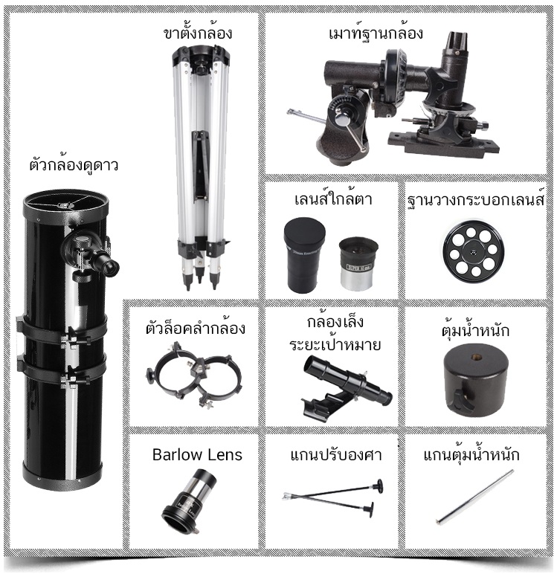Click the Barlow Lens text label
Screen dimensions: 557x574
click(197, 455)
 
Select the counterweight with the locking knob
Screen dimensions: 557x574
click(475, 381)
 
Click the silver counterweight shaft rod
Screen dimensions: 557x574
click(474, 497)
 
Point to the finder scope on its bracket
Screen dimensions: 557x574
click(346, 388)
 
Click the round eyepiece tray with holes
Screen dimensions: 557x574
click(473, 251)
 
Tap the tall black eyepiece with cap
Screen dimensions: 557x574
click(304, 254)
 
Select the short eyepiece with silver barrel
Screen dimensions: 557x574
click(358, 263)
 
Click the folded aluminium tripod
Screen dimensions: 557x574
click(201, 167)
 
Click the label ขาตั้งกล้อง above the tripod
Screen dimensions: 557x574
click(198, 32)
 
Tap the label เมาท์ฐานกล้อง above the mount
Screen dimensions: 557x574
click(376, 32)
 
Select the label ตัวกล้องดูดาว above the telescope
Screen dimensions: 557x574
click(74, 165)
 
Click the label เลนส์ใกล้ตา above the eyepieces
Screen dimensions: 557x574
click(333, 199)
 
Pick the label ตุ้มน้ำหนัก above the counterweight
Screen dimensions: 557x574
click(475, 330)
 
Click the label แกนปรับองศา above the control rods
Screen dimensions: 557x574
click(336, 455)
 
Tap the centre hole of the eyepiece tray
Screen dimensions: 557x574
click(474, 252)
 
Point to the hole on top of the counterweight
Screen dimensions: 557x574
click(477, 357)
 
